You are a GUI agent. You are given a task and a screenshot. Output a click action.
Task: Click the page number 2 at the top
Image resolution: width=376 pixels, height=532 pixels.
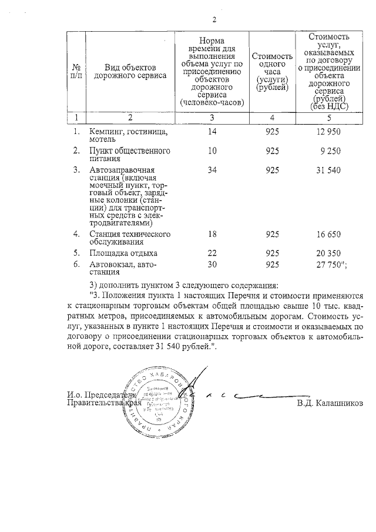tap(214, 21)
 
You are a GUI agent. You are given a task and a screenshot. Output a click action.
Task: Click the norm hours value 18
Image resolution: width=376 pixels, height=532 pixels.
tap(212, 234)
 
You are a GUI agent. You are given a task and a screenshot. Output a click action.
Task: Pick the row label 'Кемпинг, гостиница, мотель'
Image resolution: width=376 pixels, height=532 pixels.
tap(128, 136)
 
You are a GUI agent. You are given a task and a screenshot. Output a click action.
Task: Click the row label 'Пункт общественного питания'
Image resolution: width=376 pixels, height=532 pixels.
tap(125, 155)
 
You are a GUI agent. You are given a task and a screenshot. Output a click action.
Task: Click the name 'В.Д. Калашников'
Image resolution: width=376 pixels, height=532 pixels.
tap(330, 403)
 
